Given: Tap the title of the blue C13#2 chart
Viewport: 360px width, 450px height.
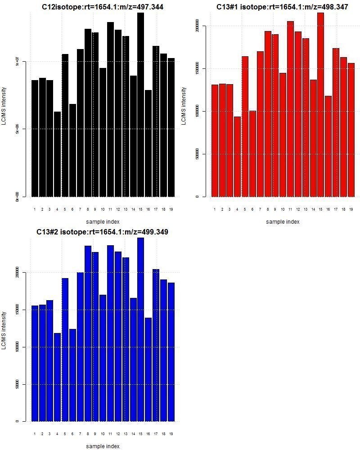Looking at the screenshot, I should tap(103, 232).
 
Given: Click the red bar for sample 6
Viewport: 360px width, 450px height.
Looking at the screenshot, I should tap(252, 153).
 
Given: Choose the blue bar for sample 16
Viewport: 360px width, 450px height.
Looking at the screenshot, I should tap(148, 369).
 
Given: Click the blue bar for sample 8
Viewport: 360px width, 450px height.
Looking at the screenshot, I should tap(88, 333).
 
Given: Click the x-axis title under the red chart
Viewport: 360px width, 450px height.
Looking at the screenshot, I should tap(282, 222).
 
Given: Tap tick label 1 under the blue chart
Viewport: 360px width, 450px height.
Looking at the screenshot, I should tap(35, 434).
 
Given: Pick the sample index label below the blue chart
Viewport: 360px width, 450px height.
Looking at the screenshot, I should tap(103, 446).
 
